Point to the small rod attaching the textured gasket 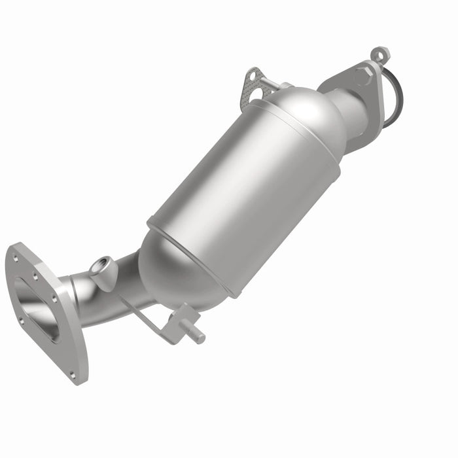pyautogui.click(x=283, y=84)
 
